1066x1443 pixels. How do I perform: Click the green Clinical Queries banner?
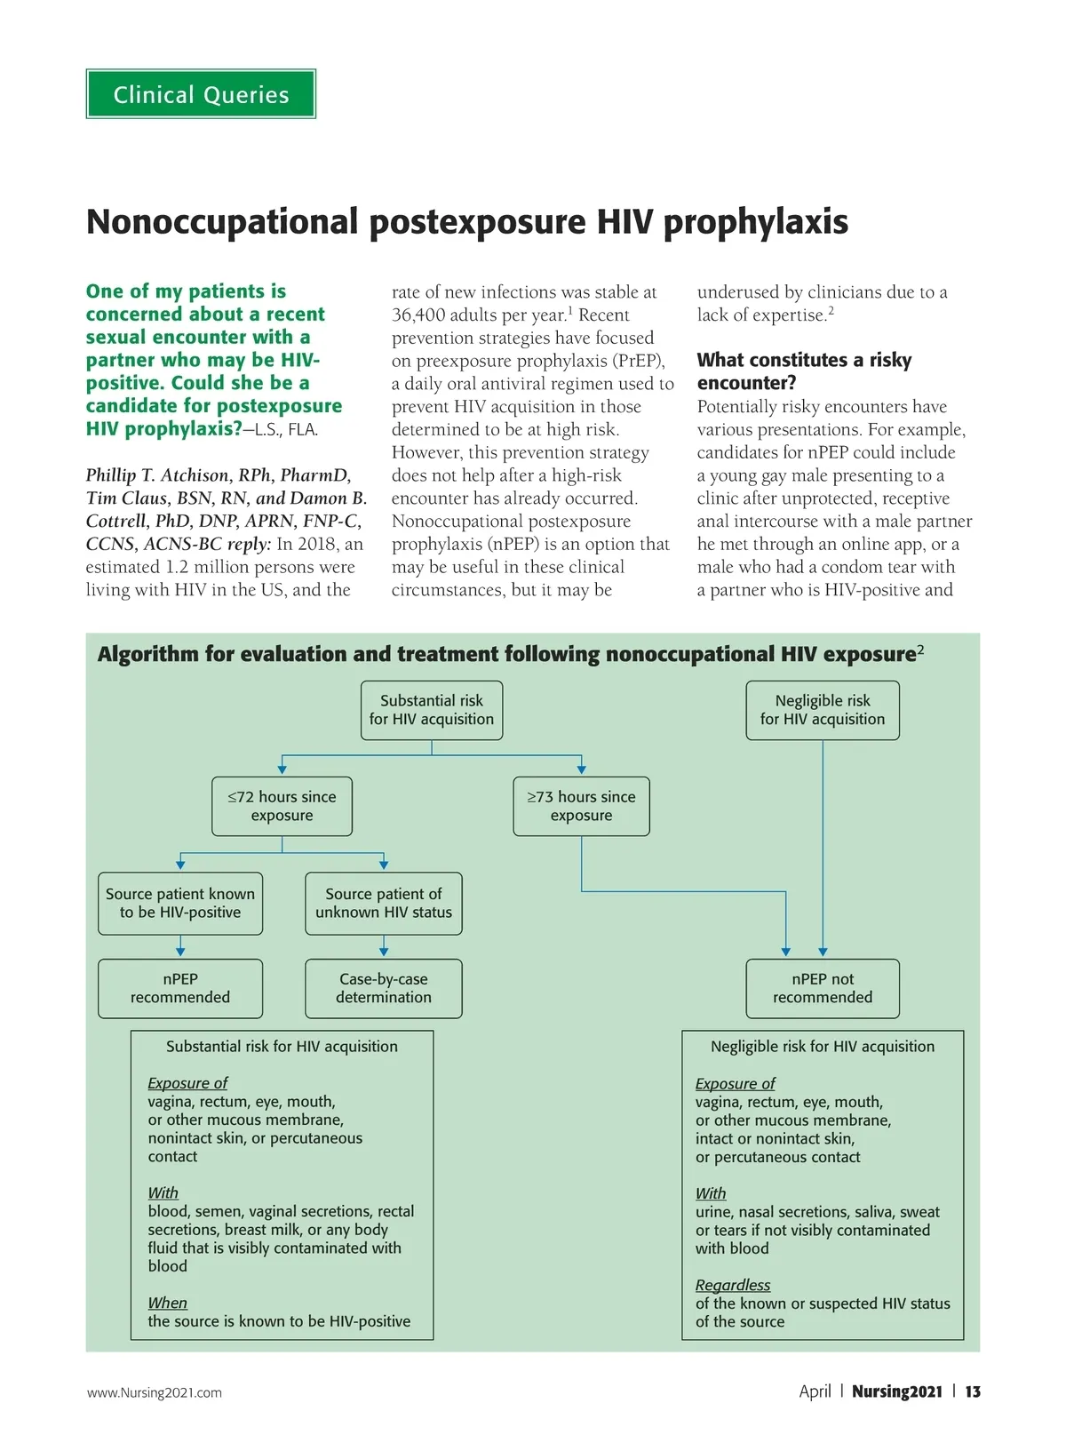(201, 94)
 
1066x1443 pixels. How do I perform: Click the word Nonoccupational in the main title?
(222, 222)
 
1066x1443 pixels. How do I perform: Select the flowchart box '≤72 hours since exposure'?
(282, 806)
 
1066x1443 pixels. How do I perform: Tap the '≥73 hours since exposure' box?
(581, 806)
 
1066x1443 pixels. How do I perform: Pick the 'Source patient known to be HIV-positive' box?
(180, 903)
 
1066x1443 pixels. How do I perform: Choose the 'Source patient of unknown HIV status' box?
(383, 903)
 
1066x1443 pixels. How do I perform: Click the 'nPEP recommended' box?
(180, 988)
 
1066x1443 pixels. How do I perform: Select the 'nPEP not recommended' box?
(822, 988)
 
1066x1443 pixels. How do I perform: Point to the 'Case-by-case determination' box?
(383, 988)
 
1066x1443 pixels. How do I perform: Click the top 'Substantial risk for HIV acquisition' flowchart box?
(432, 710)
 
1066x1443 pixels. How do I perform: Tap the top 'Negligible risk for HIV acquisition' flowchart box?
(822, 710)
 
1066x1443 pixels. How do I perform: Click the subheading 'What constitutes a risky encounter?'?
(803, 371)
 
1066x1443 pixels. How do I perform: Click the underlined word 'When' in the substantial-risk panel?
(167, 1303)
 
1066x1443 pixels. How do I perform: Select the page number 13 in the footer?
(973, 1391)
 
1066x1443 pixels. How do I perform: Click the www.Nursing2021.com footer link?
(155, 1392)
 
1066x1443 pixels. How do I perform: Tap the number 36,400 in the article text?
(422, 315)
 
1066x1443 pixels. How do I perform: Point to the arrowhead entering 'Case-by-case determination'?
(383, 952)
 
